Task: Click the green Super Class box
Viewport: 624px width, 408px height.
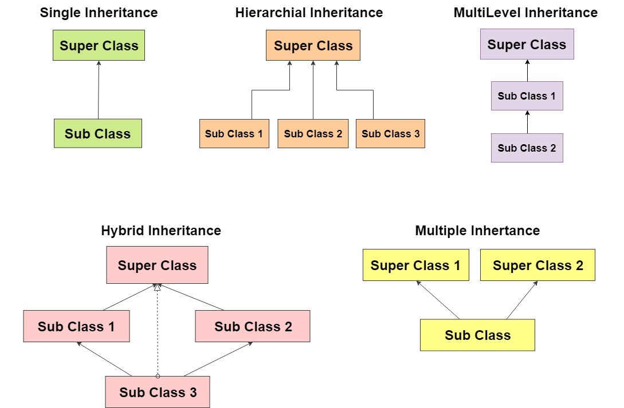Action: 99,45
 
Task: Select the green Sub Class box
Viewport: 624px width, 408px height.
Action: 97,133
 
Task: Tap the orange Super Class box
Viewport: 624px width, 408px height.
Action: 313,45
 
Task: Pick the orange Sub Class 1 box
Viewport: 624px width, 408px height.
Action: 234,134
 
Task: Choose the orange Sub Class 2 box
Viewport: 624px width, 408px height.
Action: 313,134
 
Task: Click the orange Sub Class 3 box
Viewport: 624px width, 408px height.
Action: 390,134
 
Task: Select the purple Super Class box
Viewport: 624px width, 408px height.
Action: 527,44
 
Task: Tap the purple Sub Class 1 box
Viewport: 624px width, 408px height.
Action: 527,96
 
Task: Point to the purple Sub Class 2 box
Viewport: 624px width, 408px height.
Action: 527,148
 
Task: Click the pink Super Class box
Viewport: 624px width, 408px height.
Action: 157,265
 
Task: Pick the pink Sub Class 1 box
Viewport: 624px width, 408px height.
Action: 76,326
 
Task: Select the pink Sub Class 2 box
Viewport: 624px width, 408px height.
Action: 253,326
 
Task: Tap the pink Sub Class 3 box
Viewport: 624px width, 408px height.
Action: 158,392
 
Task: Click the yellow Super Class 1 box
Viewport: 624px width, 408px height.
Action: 415,265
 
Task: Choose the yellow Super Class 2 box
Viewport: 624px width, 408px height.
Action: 537,265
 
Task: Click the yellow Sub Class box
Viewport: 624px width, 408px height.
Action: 477,335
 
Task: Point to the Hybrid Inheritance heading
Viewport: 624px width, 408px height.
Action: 160,231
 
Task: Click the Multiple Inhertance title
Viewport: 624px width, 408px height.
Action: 477,231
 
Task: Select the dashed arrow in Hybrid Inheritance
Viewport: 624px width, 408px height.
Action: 158,332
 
